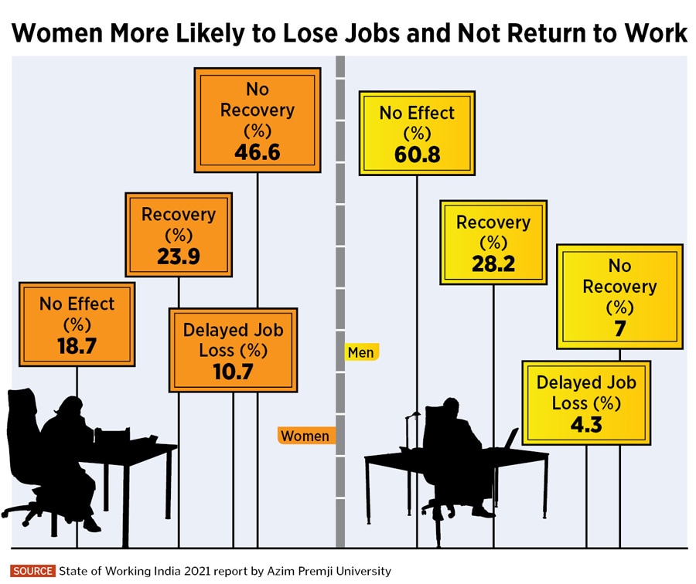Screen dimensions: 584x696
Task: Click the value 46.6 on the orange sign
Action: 258,151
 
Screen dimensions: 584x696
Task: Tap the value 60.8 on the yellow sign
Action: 416,154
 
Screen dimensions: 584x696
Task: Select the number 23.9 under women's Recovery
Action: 178,256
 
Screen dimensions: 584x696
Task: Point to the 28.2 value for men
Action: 493,264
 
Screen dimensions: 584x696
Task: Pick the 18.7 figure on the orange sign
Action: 77,345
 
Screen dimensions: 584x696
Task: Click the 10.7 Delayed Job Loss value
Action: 233,372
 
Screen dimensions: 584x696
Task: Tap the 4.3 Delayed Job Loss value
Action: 585,425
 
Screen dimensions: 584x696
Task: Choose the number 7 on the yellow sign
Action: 619,328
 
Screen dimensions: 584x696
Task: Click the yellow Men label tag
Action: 361,352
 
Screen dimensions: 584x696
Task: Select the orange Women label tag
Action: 304,436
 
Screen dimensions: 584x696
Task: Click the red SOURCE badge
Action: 33,572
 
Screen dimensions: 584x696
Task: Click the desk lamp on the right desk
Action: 411,433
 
